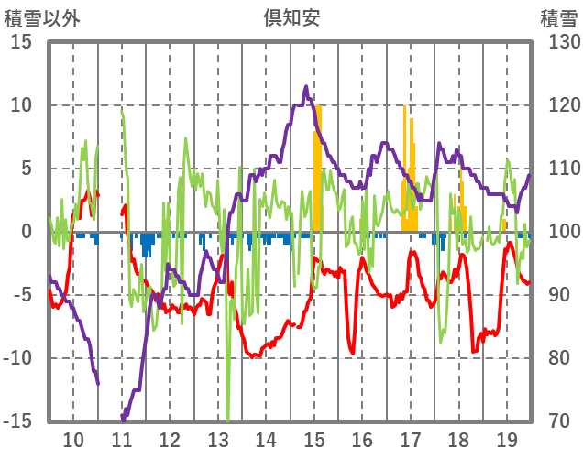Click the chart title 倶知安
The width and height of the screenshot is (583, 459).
[x=291, y=16]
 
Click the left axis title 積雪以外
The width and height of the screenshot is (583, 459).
[x=43, y=16]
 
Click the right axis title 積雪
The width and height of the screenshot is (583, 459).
[x=557, y=16]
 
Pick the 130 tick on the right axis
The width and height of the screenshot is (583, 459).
[x=559, y=42]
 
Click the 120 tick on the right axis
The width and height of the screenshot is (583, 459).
[x=559, y=105]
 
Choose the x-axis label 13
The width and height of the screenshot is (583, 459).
[x=218, y=439]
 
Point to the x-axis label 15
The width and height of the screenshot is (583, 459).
[x=314, y=439]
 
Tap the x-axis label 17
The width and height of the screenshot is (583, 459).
[x=411, y=439]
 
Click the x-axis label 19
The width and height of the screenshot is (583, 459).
[x=507, y=439]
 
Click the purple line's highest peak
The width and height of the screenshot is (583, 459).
[x=305, y=87]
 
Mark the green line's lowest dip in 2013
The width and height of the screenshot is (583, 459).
[x=228, y=417]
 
